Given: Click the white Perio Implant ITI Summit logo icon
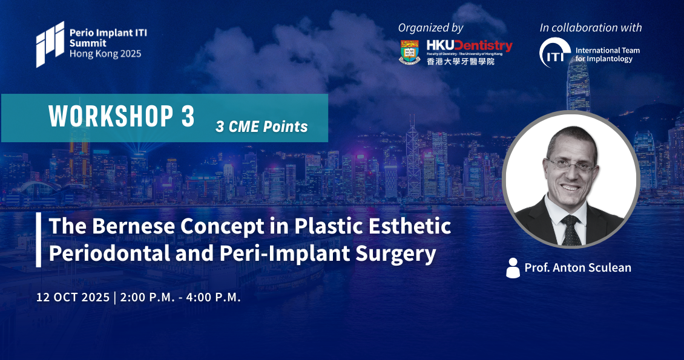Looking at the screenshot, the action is (x=50, y=44).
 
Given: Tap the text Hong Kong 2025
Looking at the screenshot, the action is (x=105, y=54).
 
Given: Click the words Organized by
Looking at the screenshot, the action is (x=430, y=28).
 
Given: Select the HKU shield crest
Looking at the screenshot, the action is (x=410, y=52).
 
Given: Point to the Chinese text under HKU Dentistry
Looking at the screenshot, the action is (x=461, y=61).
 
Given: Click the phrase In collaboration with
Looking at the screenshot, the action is (x=591, y=27).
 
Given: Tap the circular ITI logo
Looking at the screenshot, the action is (x=554, y=53).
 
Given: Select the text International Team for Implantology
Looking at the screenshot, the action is (x=607, y=54).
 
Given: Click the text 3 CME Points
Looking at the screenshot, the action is (x=261, y=126).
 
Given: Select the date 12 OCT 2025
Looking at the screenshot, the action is (x=73, y=297).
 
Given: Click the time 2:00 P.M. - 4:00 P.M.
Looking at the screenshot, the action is (x=180, y=297).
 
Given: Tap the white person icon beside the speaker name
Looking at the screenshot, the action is (x=513, y=267).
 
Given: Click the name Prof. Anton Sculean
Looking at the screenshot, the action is (x=578, y=267).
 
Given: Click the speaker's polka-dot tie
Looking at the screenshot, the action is (x=571, y=230).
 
